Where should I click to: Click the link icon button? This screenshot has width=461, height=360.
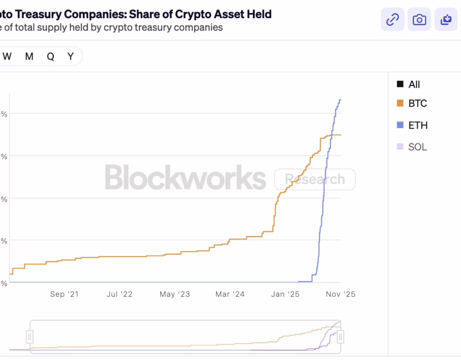pos(393,20)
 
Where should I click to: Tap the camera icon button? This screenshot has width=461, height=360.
pos(419,20)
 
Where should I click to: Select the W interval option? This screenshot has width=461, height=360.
pos(7,56)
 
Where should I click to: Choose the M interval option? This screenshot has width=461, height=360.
pos(29,56)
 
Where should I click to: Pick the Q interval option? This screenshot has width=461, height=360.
pos(50,56)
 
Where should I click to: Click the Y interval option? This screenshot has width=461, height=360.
pos(71,56)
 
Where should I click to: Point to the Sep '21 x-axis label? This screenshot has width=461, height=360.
pos(64,294)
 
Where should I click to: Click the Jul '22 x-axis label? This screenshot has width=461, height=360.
pos(120,294)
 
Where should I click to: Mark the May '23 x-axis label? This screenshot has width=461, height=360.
pos(175,294)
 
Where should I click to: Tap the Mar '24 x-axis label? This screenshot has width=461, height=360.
pos(230,294)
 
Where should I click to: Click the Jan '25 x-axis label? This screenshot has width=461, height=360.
pos(285,294)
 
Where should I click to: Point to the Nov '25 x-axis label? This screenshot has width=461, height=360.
pos(340,294)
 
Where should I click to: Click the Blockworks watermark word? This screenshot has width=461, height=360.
pos(185,177)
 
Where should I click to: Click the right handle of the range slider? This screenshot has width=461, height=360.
pos(340,337)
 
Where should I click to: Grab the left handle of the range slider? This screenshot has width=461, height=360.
pos(30,337)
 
